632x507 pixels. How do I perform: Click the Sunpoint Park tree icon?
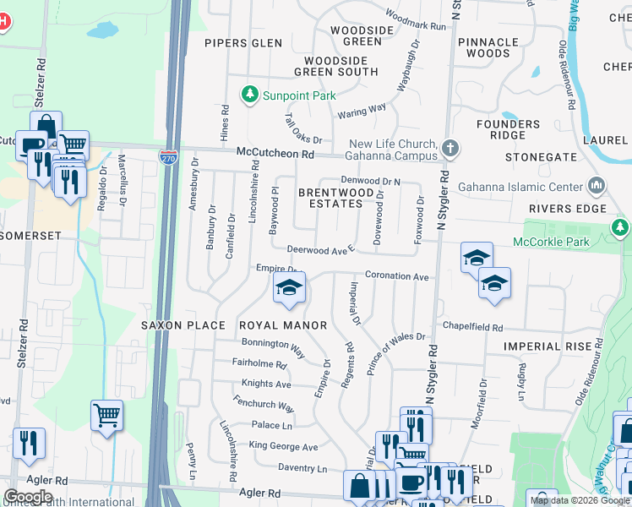pos(249,94)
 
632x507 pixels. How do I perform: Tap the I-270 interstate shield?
pos(168,156)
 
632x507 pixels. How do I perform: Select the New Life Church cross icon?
pos(451,149)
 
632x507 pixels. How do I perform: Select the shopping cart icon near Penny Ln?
pos(107,414)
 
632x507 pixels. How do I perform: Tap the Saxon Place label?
pos(183,325)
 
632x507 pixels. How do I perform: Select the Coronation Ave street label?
pos(396,276)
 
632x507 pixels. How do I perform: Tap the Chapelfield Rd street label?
pos(472,328)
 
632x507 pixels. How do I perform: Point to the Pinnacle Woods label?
pos(488,47)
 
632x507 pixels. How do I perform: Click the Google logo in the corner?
pos(28,497)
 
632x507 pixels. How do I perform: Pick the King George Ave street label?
pos(285,447)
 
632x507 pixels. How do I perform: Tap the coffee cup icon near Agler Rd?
pos(411,482)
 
